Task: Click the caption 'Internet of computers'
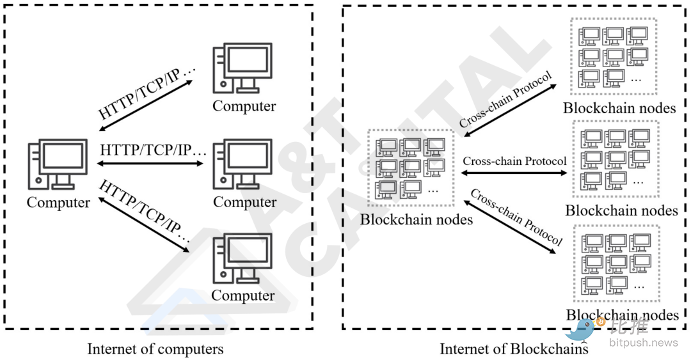coord(155,349)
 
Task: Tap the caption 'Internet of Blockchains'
coord(514,349)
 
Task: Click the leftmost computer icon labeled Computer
coord(58,164)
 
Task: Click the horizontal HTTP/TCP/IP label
coord(154,151)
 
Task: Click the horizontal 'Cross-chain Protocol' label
coord(515,161)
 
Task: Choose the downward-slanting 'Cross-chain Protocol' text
coord(516,217)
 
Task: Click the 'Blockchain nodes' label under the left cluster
coord(417,219)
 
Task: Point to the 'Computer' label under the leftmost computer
coord(58,203)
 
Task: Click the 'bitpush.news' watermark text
coord(644,343)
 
